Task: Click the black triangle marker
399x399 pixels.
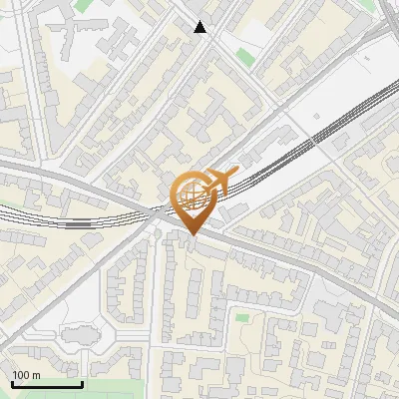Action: tap(201, 27)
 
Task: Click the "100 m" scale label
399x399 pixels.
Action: tap(27, 375)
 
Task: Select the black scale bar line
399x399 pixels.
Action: tap(47, 384)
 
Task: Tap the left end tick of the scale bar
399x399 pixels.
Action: tap(13, 382)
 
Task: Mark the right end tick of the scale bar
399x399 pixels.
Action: tap(82, 382)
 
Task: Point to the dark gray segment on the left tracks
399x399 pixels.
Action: tap(79, 224)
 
